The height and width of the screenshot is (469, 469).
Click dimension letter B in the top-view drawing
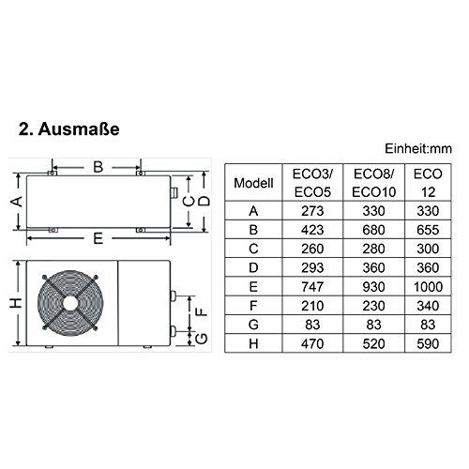(x=97, y=168)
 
